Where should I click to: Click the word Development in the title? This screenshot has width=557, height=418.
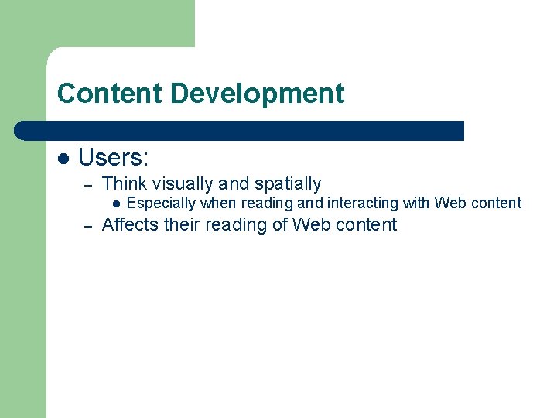point(257,94)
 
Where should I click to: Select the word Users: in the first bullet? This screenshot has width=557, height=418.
point(114,158)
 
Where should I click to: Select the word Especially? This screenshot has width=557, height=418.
point(161,204)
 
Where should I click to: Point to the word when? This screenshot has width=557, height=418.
point(219,204)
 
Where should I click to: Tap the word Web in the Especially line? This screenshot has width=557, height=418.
point(450,204)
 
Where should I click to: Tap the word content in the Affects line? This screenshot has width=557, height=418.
point(365,225)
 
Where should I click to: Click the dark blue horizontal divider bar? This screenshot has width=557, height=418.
point(240,131)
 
